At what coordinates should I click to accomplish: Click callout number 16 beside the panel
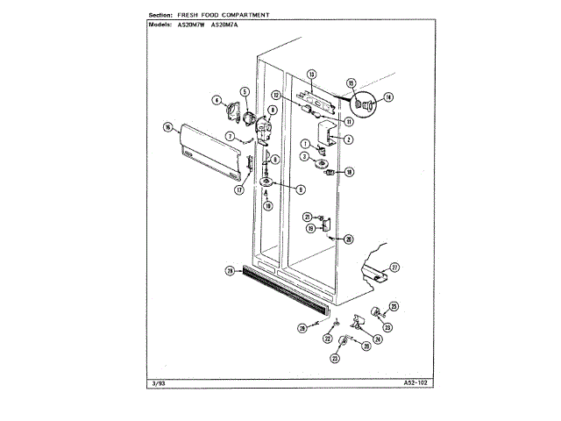(x=167, y=127)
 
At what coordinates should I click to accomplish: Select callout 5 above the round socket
(x=245, y=91)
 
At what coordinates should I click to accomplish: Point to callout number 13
(x=311, y=74)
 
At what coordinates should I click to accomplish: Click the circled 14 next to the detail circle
(x=389, y=97)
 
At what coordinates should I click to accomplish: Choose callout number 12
(x=300, y=95)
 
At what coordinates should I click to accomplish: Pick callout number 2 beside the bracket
(x=348, y=139)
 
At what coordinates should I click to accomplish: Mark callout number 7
(x=230, y=136)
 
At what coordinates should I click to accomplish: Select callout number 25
(x=394, y=305)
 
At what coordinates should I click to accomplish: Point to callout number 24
(x=379, y=339)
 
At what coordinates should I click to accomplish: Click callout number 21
(x=307, y=217)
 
